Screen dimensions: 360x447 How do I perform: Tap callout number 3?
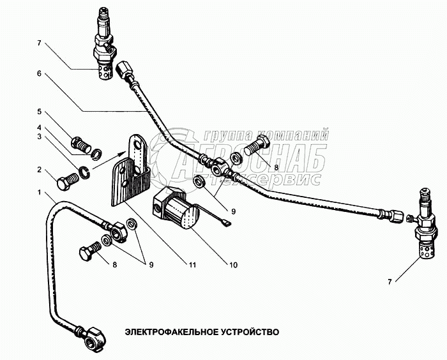[40, 137]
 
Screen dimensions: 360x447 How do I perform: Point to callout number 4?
[40, 127]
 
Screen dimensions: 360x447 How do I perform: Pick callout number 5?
[40, 111]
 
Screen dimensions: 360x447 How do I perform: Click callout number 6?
[40, 74]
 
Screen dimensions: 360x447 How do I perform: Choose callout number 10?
[234, 264]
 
